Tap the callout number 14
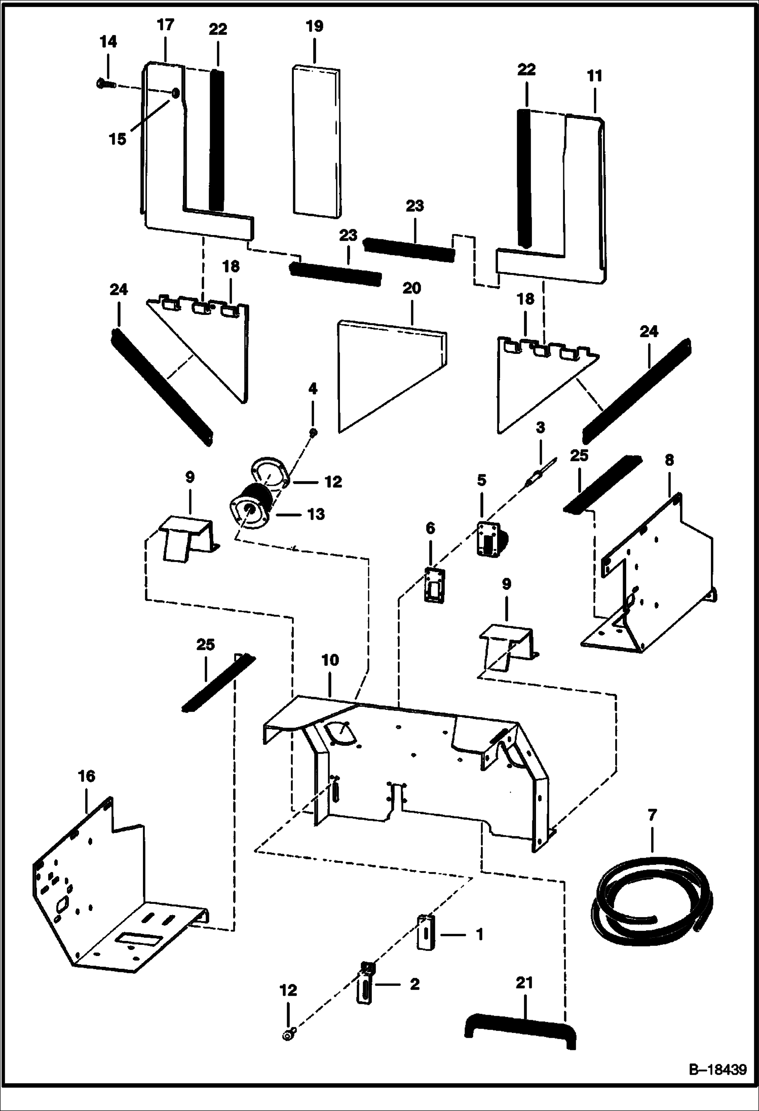[108, 42]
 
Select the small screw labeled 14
[105, 84]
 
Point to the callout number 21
[524, 983]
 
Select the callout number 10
[330, 660]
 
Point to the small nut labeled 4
[313, 432]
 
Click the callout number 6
[430, 529]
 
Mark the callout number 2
[414, 984]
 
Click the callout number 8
[669, 460]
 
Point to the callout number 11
[594, 76]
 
